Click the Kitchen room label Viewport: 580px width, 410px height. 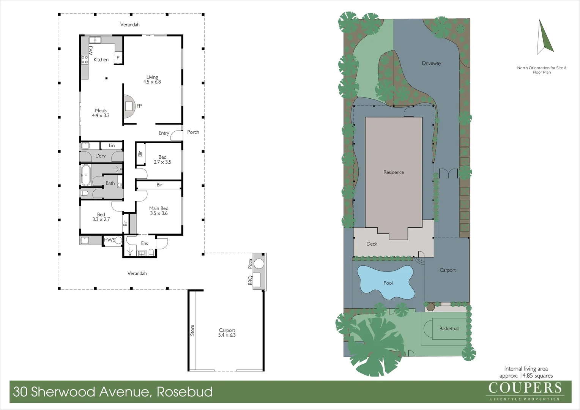(101, 60)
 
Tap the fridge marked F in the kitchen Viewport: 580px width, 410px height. (118, 57)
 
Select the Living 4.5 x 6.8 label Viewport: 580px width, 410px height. (152, 79)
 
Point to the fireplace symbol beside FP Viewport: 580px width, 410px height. (129, 106)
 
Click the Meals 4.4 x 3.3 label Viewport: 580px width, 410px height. (101, 113)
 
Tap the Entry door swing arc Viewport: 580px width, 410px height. (176, 136)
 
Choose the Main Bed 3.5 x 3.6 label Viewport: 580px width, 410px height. (159, 211)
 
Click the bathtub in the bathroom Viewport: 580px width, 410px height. (86, 175)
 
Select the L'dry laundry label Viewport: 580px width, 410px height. (101, 156)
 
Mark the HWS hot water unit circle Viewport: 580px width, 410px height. (118, 240)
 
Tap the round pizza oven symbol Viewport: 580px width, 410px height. (259, 263)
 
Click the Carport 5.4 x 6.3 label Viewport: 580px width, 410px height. (227, 333)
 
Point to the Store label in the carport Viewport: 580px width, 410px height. (192, 330)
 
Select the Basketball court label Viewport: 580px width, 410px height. (449, 329)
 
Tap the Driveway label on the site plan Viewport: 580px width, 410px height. (432, 63)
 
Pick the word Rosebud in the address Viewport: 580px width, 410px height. (184, 392)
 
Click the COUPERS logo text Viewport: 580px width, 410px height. (525, 388)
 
